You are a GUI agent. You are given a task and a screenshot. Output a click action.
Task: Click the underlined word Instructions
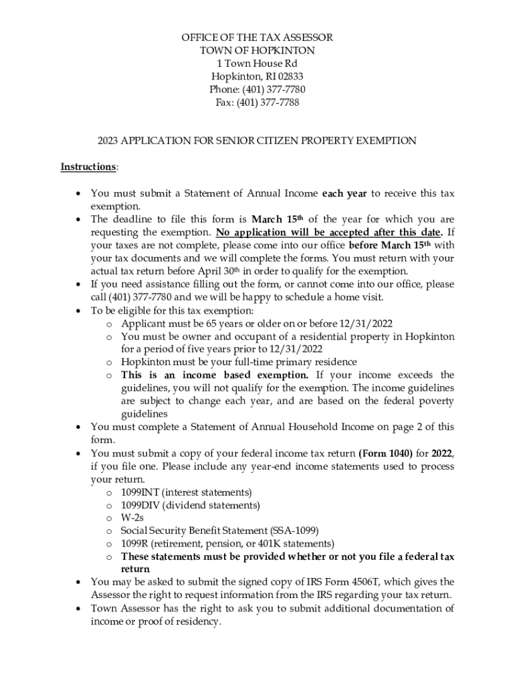point(88,167)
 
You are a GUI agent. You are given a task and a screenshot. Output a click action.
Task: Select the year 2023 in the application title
point(108,140)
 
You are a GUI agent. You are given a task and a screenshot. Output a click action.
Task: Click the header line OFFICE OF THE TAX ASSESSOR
point(257,37)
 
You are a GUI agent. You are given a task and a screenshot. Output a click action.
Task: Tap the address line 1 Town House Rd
point(257,64)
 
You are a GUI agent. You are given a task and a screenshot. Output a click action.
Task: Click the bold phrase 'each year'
point(344,194)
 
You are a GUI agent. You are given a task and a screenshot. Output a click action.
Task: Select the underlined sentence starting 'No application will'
point(328,232)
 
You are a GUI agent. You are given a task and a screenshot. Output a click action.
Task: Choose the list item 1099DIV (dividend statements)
point(190,505)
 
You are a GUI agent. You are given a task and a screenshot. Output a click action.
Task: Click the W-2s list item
point(132,518)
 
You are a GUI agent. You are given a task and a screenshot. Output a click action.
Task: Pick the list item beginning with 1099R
point(227,543)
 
